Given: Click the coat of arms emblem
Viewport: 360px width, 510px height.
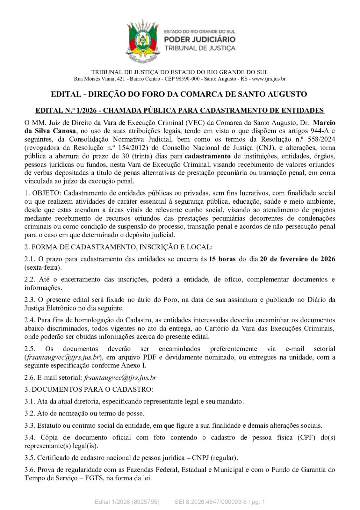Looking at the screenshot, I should pyautogui.click(x=143, y=41).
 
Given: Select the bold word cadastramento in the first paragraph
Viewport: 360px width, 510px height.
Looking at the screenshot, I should pyautogui.click(x=208, y=156).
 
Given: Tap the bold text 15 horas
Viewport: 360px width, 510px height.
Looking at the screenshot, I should pyautogui.click(x=222, y=259).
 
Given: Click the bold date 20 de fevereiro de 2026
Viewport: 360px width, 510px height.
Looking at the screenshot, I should pyautogui.click(x=298, y=259).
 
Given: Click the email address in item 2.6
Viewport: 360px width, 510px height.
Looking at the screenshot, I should pyautogui.click(x=120, y=378).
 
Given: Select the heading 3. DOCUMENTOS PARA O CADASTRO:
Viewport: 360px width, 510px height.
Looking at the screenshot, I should pyautogui.click(x=89, y=390).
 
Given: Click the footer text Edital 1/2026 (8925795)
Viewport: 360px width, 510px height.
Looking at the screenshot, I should pyautogui.click(x=127, y=502).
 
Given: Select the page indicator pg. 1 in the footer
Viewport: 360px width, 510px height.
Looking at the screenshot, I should pyautogui.click(x=257, y=502).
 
